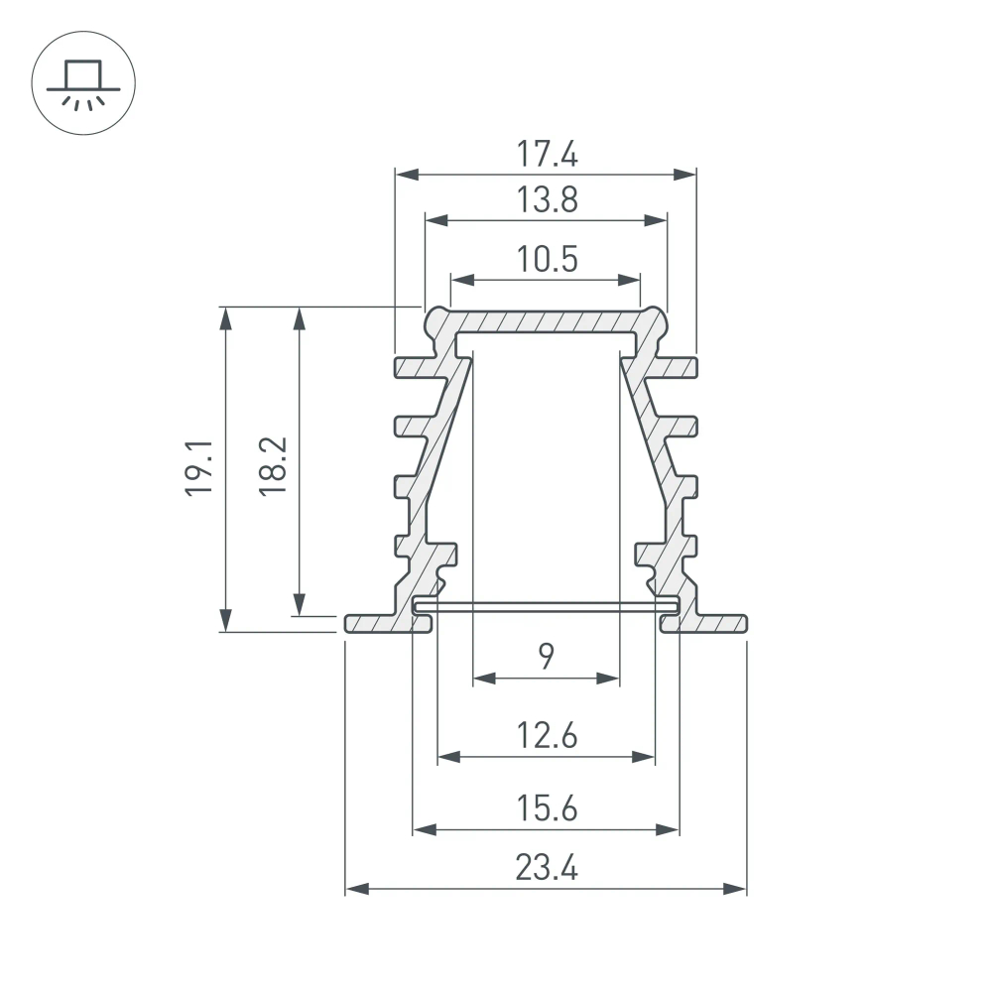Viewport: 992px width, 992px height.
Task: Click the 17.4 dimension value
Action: coord(546,154)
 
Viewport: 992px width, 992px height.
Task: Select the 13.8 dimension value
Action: coord(546,200)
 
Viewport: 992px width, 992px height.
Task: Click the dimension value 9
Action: coord(546,656)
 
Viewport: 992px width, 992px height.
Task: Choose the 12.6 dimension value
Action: coord(546,736)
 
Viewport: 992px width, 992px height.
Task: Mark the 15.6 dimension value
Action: coord(546,808)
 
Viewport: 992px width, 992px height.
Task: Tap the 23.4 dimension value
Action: coord(546,868)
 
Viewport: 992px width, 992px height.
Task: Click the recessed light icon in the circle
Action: coord(84,84)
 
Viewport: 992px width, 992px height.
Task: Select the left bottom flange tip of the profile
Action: coord(351,623)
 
